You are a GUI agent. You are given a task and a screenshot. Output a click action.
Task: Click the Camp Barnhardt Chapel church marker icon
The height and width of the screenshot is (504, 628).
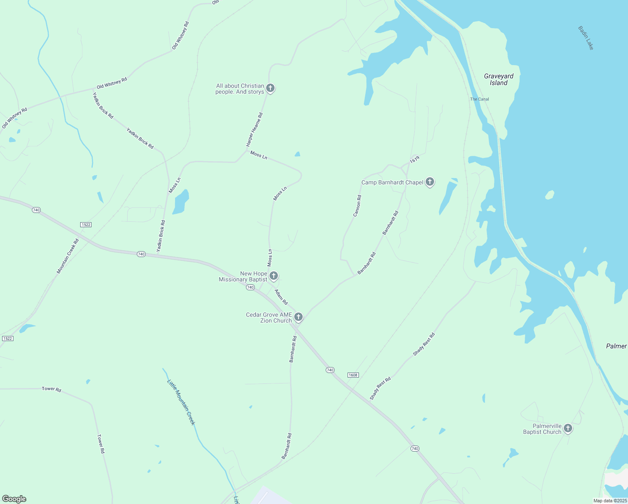click(x=429, y=182)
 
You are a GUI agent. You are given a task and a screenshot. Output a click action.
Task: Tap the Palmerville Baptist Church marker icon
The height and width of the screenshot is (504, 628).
click(x=568, y=428)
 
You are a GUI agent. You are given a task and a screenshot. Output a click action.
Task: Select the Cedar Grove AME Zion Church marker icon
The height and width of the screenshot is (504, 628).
click(x=298, y=317)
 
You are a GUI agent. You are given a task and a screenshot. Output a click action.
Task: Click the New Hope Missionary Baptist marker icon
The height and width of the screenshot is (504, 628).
click(x=273, y=276)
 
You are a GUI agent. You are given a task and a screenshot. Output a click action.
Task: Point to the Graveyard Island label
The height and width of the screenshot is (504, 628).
click(x=499, y=79)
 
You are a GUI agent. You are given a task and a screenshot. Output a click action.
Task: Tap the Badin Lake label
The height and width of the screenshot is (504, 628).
click(x=586, y=38)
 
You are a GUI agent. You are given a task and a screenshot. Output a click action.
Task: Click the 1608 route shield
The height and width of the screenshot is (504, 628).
click(x=353, y=375)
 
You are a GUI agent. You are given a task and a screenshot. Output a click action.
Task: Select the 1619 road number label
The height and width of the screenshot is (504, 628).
click(x=414, y=160)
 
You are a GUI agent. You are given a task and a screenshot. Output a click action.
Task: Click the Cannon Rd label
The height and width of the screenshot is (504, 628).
click(x=357, y=206)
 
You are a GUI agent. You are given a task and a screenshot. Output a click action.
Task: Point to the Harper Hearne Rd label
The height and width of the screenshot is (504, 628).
click(x=254, y=129)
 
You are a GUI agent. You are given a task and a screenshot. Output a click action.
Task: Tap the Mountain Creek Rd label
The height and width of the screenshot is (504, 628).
click(x=68, y=256)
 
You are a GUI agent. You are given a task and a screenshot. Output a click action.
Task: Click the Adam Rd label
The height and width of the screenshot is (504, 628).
click(x=281, y=297)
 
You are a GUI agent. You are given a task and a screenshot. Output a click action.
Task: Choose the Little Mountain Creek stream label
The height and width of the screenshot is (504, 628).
click(x=181, y=402)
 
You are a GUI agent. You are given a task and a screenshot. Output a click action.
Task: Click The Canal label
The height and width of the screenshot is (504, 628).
click(x=479, y=99)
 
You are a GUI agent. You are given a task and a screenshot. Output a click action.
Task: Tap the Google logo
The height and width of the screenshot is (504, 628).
click(x=14, y=499)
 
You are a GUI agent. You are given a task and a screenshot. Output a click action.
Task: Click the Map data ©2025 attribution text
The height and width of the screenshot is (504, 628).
click(x=610, y=501)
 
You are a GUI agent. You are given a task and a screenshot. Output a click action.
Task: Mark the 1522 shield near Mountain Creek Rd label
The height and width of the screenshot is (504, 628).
click(x=86, y=225)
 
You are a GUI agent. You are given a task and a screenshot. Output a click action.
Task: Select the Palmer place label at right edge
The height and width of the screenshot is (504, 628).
click(x=616, y=346)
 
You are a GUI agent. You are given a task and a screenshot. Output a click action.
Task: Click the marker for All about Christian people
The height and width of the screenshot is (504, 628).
click(x=270, y=88)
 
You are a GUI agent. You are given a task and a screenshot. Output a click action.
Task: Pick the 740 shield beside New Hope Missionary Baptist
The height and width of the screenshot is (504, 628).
click(x=250, y=287)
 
